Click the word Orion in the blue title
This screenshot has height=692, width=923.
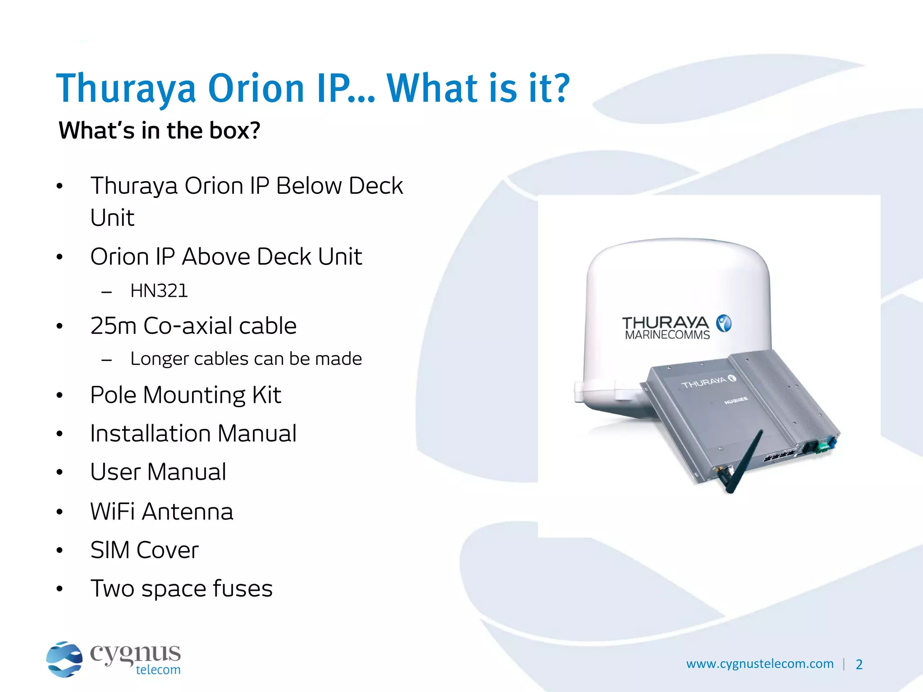(x=256, y=88)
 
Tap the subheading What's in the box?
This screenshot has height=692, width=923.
(x=160, y=131)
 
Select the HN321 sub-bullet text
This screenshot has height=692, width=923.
(x=159, y=291)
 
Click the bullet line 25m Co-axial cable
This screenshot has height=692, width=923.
(x=193, y=326)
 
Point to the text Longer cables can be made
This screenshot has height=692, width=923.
(x=246, y=359)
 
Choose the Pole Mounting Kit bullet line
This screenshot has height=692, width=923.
(x=186, y=395)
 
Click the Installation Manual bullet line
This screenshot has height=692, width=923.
(x=193, y=433)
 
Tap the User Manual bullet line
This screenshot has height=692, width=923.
(x=158, y=472)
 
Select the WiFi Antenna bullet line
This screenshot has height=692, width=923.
(x=162, y=512)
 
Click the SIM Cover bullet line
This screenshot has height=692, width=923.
(x=144, y=550)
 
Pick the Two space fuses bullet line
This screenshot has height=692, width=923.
(x=182, y=588)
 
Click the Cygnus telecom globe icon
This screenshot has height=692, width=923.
(x=64, y=659)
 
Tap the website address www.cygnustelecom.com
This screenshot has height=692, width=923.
(x=760, y=664)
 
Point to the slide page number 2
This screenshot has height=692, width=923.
(x=859, y=665)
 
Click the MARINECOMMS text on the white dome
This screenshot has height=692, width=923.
(x=667, y=335)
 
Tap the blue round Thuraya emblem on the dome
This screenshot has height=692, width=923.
(x=724, y=323)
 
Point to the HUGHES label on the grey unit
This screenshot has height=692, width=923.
(x=736, y=400)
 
